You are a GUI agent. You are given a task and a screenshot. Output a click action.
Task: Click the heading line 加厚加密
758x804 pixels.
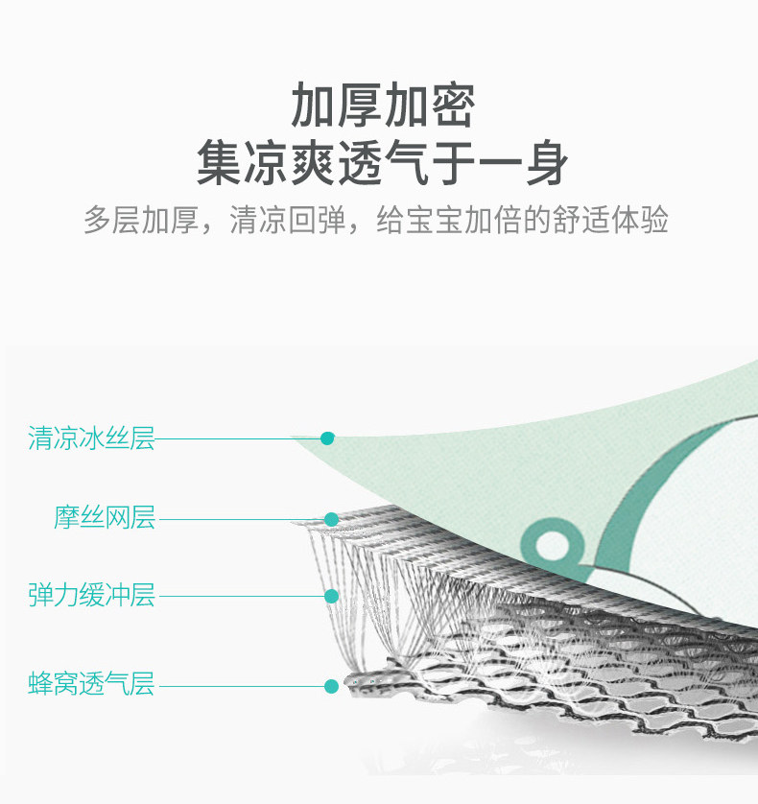pyautogui.click(x=382, y=106)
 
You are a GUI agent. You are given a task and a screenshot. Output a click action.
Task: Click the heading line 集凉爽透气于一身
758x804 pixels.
pyautogui.click(x=382, y=163)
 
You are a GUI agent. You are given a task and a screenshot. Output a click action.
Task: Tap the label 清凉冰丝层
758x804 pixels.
pyautogui.click(x=91, y=439)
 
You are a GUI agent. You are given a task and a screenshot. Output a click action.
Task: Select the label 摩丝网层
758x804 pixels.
pyautogui.click(x=104, y=519)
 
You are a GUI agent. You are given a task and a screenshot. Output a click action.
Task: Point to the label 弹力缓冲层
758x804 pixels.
pyautogui.click(x=91, y=596)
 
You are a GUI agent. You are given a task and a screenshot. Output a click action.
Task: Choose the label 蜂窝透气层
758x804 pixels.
pyautogui.click(x=91, y=685)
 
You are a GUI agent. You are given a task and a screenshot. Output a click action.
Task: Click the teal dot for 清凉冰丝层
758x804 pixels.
pyautogui.click(x=327, y=438)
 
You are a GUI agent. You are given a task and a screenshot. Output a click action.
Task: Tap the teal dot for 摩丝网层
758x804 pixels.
pyautogui.click(x=331, y=519)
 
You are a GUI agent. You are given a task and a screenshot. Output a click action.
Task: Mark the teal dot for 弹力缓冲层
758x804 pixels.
pyautogui.click(x=331, y=596)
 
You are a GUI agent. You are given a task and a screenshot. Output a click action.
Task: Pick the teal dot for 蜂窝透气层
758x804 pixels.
pyautogui.click(x=331, y=686)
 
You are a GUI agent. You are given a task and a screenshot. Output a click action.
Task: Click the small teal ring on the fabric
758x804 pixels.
pyautogui.click(x=551, y=545)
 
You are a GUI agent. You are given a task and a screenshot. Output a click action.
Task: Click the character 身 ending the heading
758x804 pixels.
pyautogui.click(x=545, y=163)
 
